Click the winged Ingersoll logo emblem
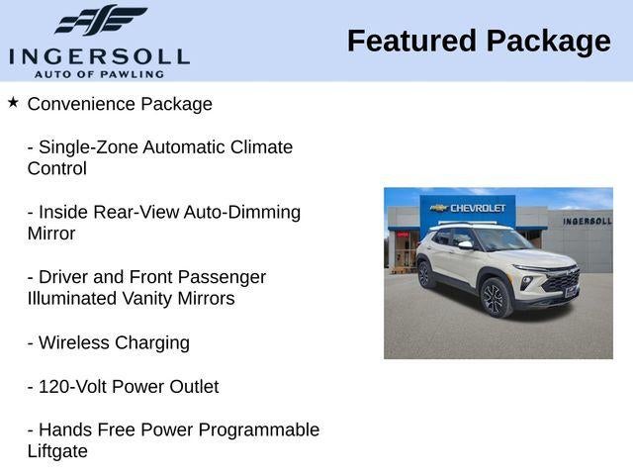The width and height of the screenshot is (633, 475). (x=101, y=20)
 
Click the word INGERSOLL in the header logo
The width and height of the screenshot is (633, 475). (x=99, y=56)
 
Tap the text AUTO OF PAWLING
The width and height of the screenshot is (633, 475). (x=99, y=74)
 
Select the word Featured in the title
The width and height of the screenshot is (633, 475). (x=411, y=42)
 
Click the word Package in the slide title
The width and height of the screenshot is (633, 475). (x=549, y=43)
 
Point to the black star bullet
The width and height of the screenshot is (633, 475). (x=13, y=102)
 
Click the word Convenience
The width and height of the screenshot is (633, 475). (x=81, y=104)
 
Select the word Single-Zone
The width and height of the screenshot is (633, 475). (x=88, y=147)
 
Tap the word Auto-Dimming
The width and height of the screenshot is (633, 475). (x=241, y=213)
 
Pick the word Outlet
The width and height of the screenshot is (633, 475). (x=194, y=387)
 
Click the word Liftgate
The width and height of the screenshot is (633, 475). (x=57, y=452)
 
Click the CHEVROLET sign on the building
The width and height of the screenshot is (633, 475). (x=468, y=208)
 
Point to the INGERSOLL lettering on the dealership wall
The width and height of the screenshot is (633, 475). (x=588, y=221)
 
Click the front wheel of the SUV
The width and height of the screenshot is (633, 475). (x=496, y=298)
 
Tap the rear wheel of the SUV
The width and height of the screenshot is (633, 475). (x=425, y=274)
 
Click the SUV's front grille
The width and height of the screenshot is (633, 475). (x=563, y=280)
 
